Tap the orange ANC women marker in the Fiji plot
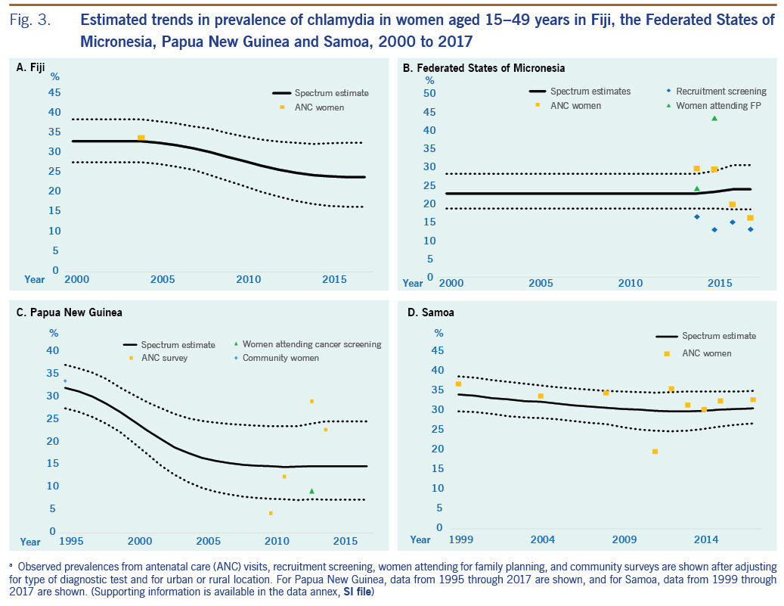(141, 137)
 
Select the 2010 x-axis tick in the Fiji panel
(249, 280)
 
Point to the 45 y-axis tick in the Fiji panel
(54, 93)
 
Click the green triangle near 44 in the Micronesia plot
(714, 118)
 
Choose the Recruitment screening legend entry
(720, 92)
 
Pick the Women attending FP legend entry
(717, 106)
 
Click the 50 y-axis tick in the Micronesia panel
(429, 94)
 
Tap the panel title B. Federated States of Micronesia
(484, 68)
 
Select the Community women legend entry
(280, 358)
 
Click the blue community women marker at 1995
(65, 381)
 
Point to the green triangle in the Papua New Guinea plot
(311, 491)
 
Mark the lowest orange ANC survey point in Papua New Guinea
(271, 513)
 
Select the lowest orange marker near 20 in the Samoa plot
(655, 452)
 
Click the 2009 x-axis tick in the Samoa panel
(624, 540)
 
